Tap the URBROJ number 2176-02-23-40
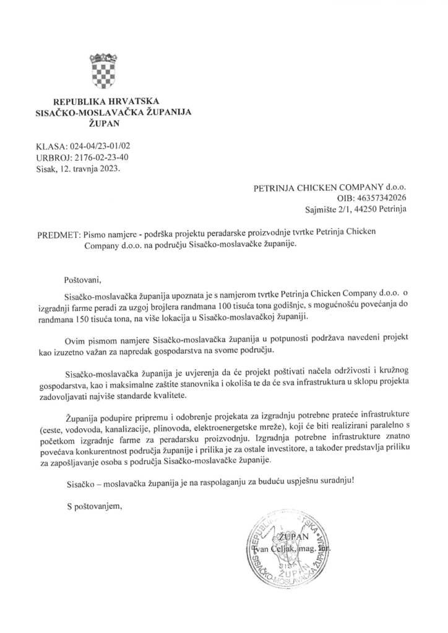point(101,157)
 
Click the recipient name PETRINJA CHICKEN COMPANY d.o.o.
point(330,186)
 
